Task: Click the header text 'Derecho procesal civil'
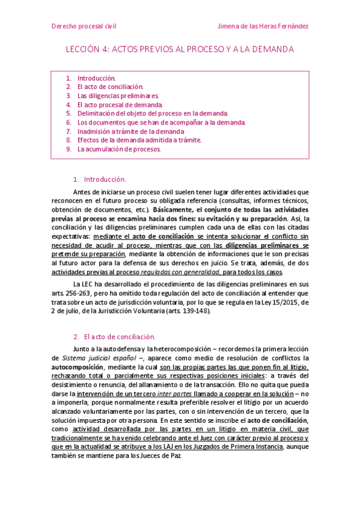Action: pyautogui.click(x=84, y=26)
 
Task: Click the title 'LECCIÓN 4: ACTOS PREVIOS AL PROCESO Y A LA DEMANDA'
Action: pyautogui.click(x=180, y=49)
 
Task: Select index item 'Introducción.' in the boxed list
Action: pyautogui.click(x=96, y=78)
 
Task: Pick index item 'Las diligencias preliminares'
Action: pyautogui.click(x=117, y=96)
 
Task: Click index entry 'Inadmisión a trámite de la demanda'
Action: pyautogui.click(x=130, y=131)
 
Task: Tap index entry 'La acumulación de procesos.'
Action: pyautogui.click(x=119, y=149)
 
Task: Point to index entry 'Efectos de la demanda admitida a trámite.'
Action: pyautogui.click(x=139, y=140)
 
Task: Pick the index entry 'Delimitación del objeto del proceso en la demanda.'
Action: pyautogui.click(x=153, y=113)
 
